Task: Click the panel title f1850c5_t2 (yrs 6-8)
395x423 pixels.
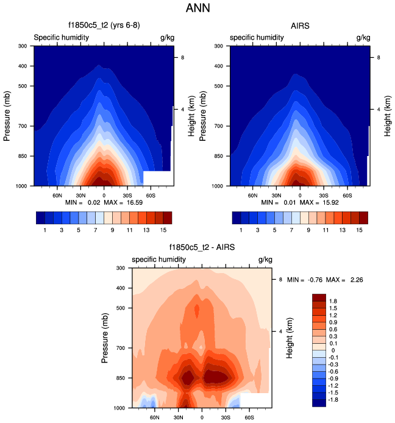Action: click(x=103, y=26)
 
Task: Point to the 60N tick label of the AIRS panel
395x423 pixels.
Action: click(x=254, y=196)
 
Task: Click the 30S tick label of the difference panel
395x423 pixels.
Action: click(x=226, y=418)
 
